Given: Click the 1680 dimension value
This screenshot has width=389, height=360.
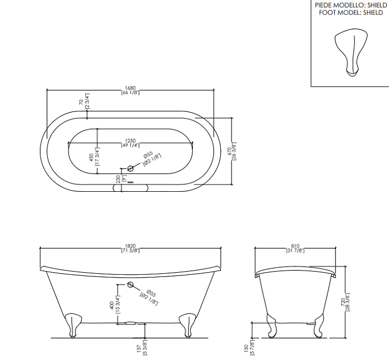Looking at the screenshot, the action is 130,88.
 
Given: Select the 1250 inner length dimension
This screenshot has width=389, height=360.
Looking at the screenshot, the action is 130,141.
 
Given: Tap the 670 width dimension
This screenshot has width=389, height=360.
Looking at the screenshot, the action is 229,151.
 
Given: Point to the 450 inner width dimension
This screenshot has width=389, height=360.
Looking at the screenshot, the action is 91,157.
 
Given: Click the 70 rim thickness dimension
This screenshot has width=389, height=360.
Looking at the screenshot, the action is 81,102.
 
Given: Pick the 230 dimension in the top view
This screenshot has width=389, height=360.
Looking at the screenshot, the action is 118,179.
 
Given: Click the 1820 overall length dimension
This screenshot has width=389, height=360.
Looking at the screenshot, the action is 130,246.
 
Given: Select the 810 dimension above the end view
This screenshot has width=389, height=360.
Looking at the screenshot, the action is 295,246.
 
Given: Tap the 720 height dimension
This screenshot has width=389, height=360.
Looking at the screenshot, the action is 343,302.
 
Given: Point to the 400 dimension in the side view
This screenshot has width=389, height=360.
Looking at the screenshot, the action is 111,305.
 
